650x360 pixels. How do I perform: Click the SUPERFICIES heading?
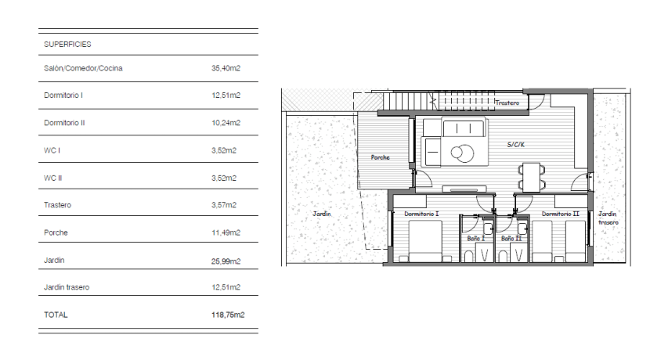click(x=67, y=45)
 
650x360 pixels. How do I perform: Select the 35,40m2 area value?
click(x=226, y=68)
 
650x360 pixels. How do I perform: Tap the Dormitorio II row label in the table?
click(x=64, y=123)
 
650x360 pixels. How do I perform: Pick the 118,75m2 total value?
click(x=228, y=315)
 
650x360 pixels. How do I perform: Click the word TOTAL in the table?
click(x=56, y=315)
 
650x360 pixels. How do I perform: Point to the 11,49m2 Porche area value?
click(x=226, y=232)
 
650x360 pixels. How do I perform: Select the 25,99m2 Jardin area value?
click(x=226, y=261)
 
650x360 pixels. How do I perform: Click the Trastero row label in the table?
click(x=58, y=205)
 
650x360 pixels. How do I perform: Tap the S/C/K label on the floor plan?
click(x=515, y=145)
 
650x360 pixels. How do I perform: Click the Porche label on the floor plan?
click(x=380, y=157)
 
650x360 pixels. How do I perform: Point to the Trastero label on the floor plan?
click(x=507, y=103)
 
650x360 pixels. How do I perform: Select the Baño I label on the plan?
click(x=476, y=239)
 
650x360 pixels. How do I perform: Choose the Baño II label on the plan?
click(x=511, y=239)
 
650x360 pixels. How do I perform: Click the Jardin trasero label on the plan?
click(x=608, y=218)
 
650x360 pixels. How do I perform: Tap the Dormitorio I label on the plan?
click(x=421, y=214)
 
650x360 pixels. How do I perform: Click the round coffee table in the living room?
click(x=463, y=153)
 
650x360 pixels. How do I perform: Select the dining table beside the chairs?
click(x=531, y=178)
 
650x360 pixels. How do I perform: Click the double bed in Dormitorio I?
click(x=425, y=241)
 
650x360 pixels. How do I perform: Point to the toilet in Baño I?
click(x=468, y=257)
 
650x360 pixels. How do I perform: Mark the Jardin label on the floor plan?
click(x=322, y=214)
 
